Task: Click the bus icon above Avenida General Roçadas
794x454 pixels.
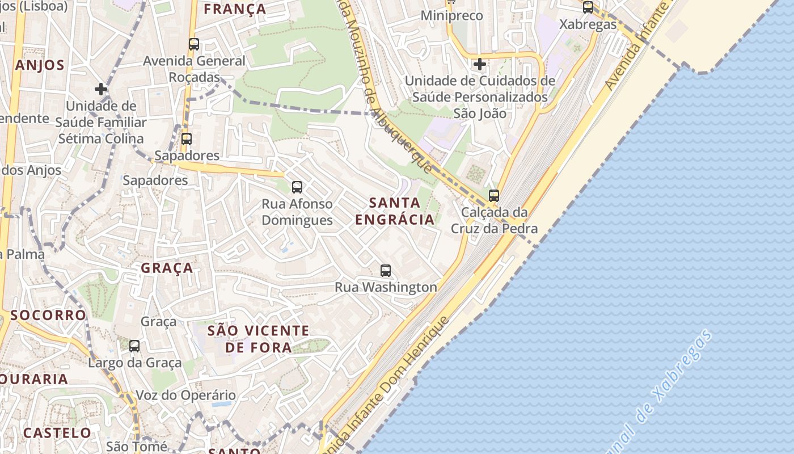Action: [x=194, y=44]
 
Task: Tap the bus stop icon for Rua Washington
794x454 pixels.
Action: [x=386, y=271]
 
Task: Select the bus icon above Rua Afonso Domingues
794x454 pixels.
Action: [x=297, y=187]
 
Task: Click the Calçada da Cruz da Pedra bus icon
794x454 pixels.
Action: [x=494, y=196]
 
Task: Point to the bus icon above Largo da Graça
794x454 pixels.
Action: [x=134, y=346]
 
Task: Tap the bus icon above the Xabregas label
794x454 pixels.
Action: [x=588, y=7]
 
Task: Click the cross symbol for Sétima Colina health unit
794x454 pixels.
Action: [x=101, y=89]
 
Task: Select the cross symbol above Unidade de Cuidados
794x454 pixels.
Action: [x=480, y=64]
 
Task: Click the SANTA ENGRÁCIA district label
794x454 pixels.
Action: [x=395, y=211]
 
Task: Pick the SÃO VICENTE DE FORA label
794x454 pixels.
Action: [x=259, y=339]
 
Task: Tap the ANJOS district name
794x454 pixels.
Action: [x=40, y=65]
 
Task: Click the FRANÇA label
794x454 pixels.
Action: [x=235, y=9]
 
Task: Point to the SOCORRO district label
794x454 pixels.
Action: [x=48, y=315]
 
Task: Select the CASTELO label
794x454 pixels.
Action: [x=57, y=433]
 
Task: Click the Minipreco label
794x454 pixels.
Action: [x=451, y=16]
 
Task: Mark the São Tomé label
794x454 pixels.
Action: [x=136, y=447]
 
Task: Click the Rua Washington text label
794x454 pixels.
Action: [x=386, y=287]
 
